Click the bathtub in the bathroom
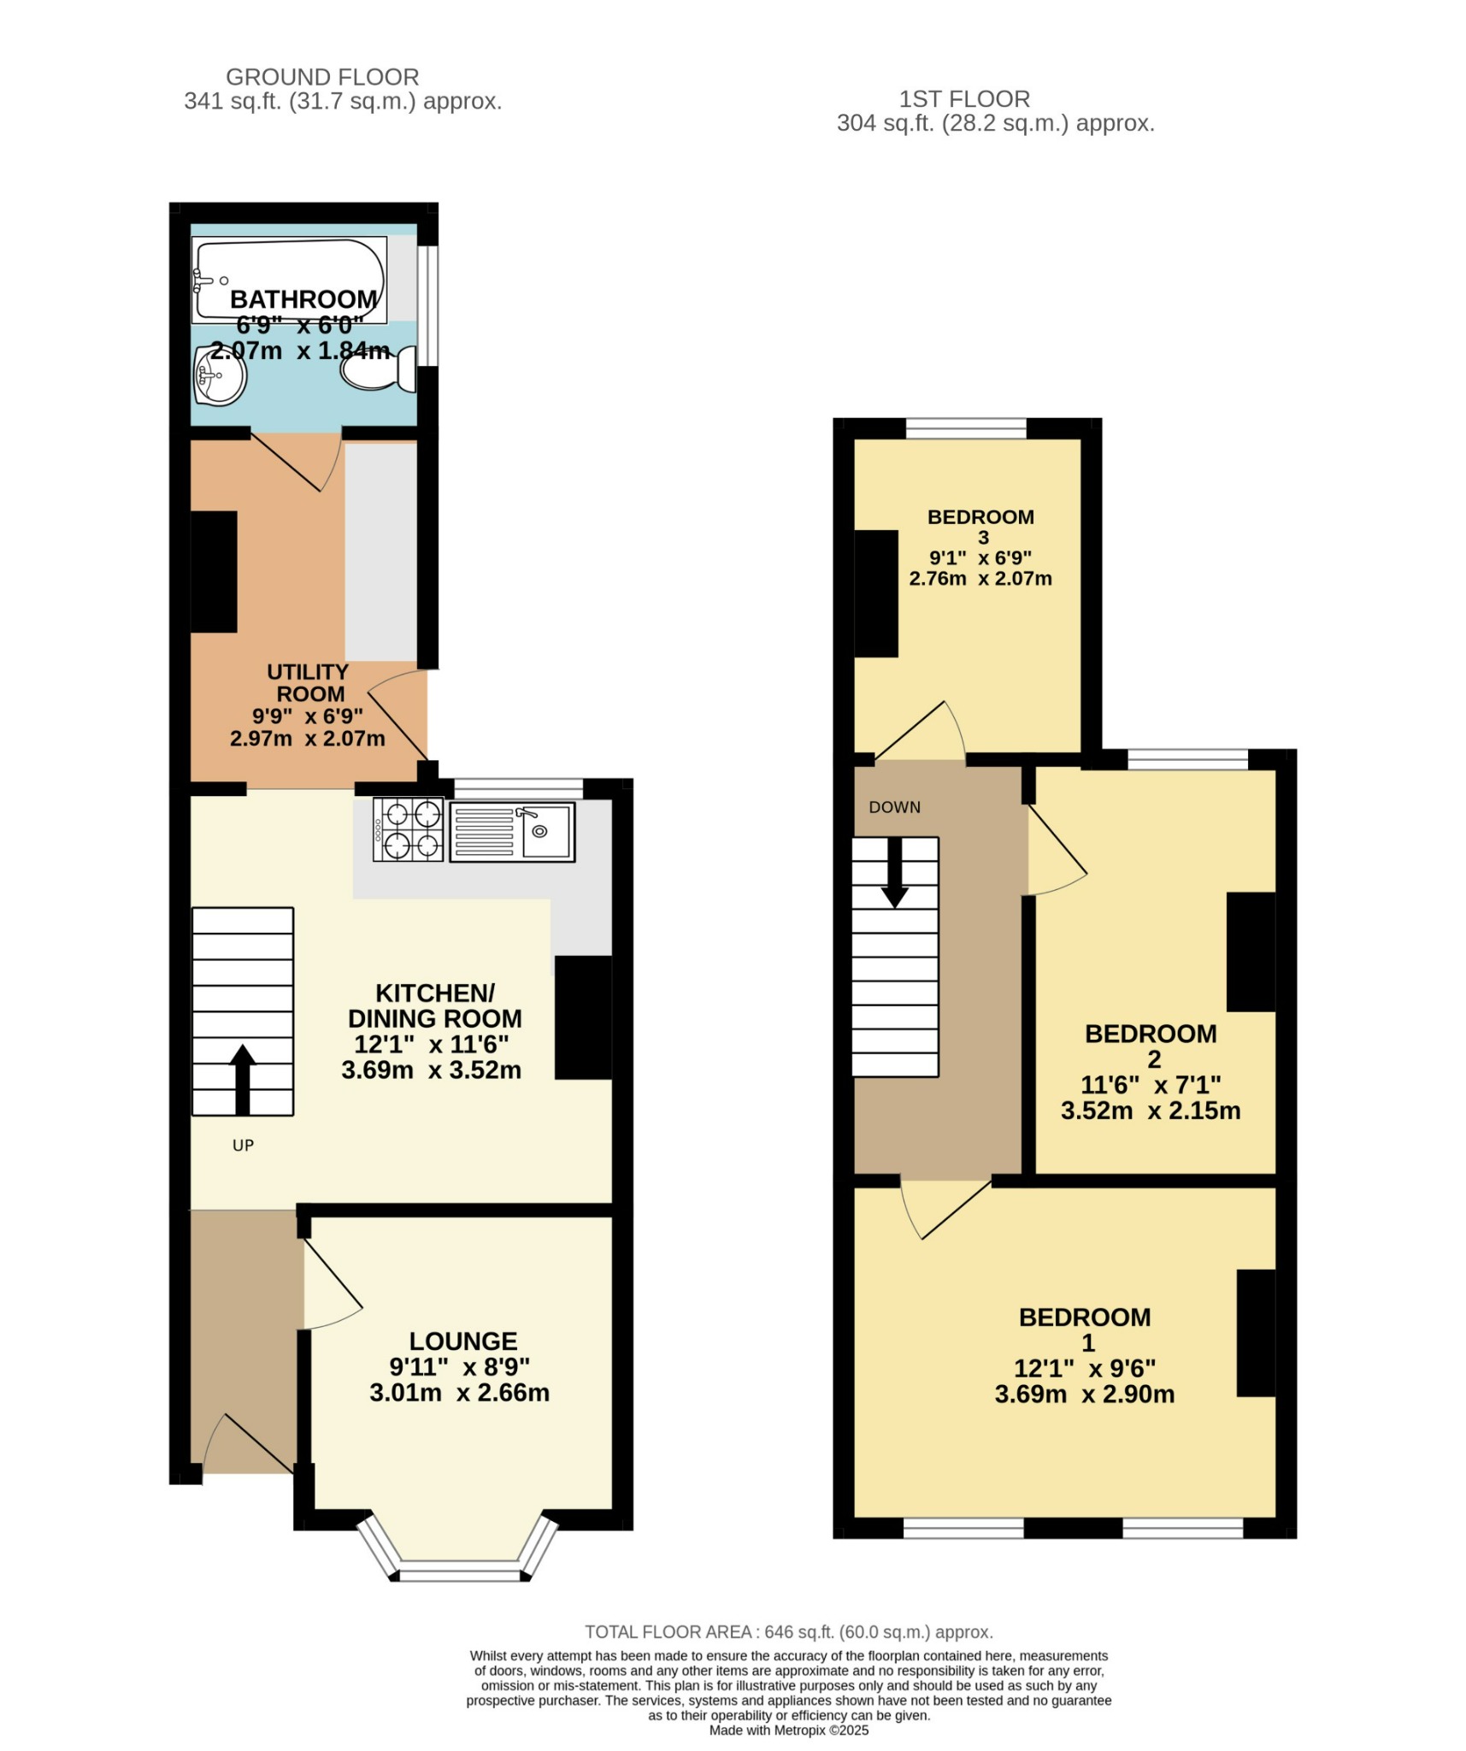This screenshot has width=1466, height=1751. [289, 279]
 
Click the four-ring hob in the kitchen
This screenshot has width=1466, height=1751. [408, 828]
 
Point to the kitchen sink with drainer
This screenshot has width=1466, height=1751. [512, 830]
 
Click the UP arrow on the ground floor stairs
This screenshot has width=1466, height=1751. [243, 1079]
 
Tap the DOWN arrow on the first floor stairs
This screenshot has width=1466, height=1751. [895, 872]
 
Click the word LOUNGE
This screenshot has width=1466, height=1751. [462, 1341]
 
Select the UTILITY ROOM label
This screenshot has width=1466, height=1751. [308, 682]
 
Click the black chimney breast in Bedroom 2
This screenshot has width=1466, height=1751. [1251, 952]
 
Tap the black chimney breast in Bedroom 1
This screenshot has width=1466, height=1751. [1256, 1333]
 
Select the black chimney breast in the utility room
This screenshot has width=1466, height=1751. [213, 571]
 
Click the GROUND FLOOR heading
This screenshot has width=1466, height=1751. [322, 77]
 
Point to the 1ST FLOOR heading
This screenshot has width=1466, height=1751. [964, 99]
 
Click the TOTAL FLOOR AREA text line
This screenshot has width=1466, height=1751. [788, 1632]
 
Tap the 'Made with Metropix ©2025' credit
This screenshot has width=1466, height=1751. [788, 1730]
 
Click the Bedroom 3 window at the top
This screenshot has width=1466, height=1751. [966, 428]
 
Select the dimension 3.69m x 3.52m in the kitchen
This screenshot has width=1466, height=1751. [431, 1070]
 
